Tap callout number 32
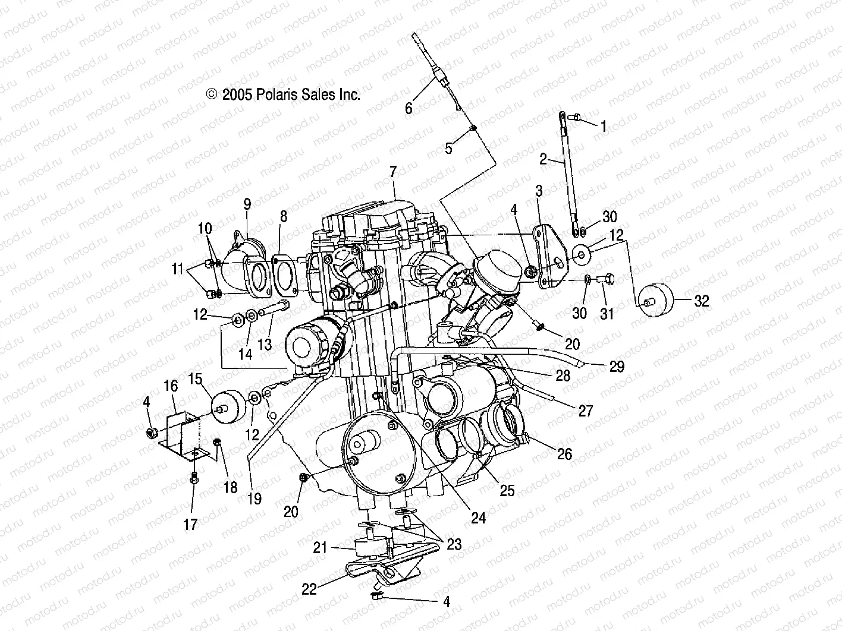(702, 301)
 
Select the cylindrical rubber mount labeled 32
(656, 301)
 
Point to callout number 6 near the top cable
(409, 108)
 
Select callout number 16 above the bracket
(171, 386)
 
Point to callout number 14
(245, 354)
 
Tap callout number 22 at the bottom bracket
(309, 588)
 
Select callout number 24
(478, 518)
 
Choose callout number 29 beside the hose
(617, 367)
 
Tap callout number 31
(607, 314)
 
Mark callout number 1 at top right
(604, 126)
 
